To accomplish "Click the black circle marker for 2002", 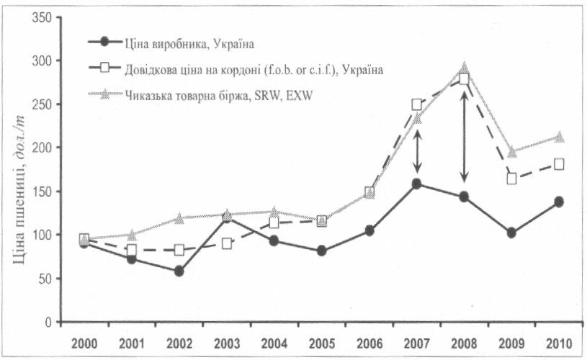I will pyautogui.click(x=179, y=271).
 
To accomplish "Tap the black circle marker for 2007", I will pyautogui.click(x=416, y=184).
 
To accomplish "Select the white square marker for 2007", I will pyautogui.click(x=416, y=104).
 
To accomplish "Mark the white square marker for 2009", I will pyautogui.click(x=511, y=179).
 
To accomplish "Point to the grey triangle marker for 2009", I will pyautogui.click(x=511, y=152).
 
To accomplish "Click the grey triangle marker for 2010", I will pyautogui.click(x=558, y=137).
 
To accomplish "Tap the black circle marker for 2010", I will pyautogui.click(x=558, y=202).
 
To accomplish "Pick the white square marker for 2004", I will pyautogui.click(x=274, y=222).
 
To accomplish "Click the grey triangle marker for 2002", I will pyautogui.click(x=179, y=217).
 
